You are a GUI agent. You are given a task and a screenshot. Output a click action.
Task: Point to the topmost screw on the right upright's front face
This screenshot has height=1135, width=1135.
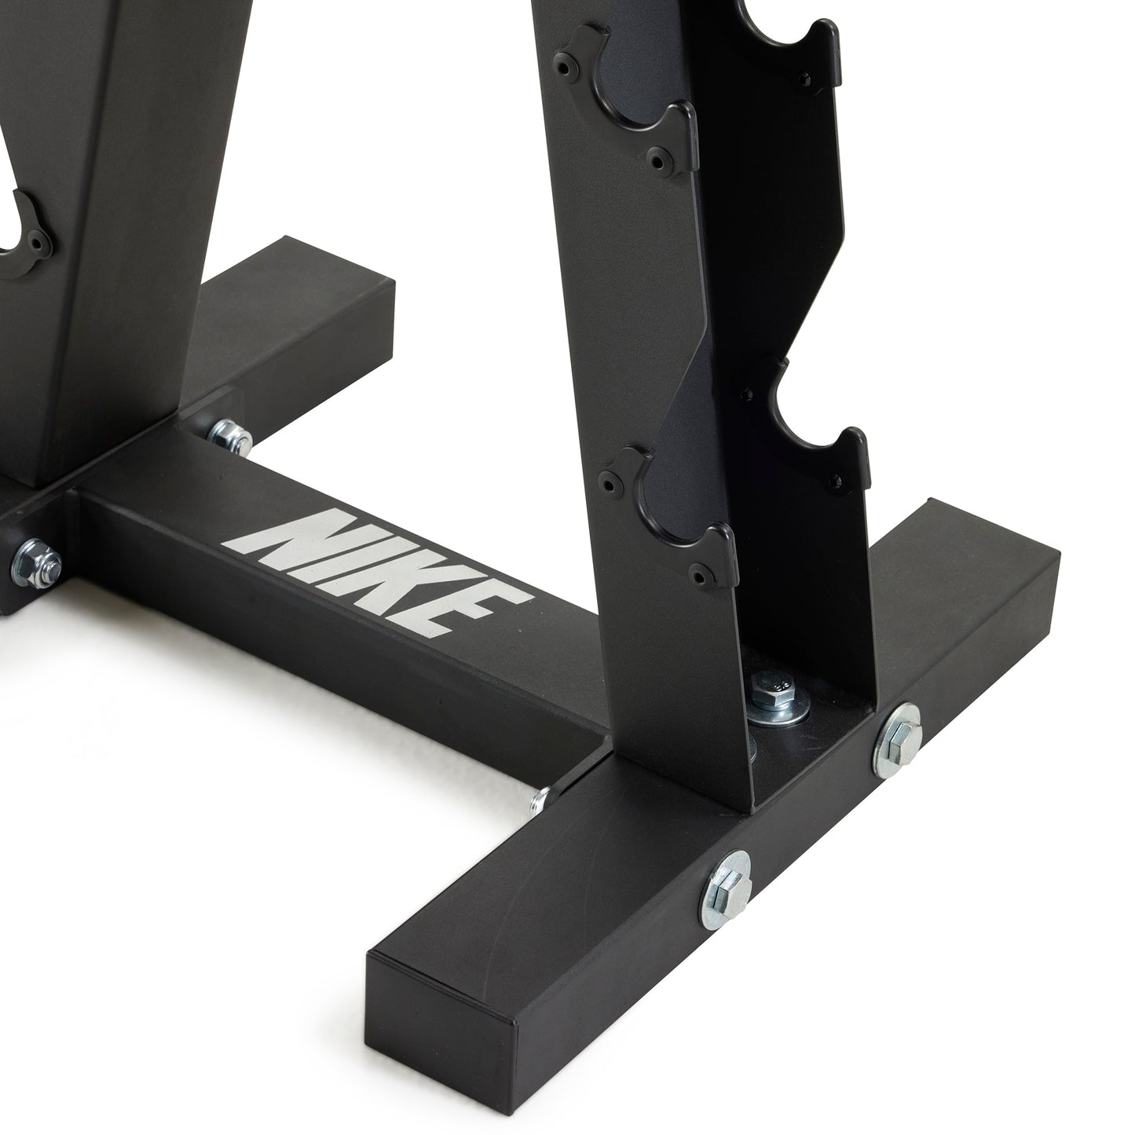563,68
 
